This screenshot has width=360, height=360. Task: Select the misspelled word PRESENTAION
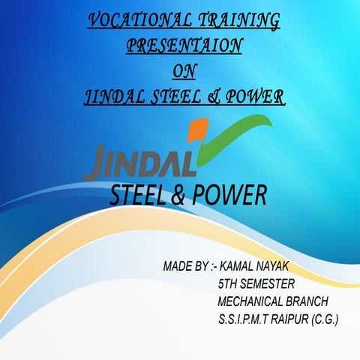(x=184, y=45)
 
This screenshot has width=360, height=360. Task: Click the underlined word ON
(x=183, y=70)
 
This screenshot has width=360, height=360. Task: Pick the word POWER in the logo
(x=232, y=195)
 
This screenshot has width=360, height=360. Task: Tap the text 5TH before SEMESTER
(x=229, y=284)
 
